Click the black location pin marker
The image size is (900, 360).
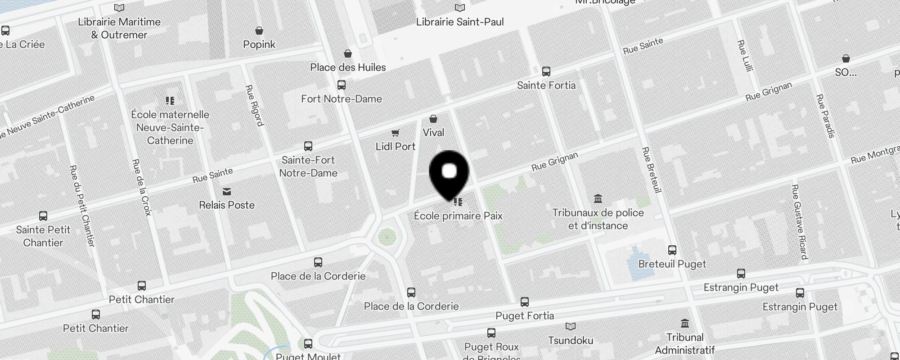[449, 174]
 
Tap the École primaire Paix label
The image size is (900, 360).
[458, 216]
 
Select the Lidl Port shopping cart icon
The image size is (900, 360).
[395, 133]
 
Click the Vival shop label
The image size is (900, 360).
[433, 133]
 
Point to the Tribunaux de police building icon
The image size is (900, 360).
[598, 198]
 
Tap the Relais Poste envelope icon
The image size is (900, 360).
[227, 192]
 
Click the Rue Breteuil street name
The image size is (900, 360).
[652, 170]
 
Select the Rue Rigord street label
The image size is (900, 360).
[254, 105]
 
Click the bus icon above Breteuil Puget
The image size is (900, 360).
[672, 250]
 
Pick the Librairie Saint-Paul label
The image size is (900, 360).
[460, 22]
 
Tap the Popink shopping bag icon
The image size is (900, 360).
[259, 31]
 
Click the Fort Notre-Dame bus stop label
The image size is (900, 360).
[342, 99]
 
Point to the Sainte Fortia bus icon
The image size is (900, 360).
[546, 72]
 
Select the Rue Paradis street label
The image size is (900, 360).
[825, 116]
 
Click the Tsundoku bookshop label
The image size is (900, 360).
[571, 341]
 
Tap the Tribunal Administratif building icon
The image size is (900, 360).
[685, 323]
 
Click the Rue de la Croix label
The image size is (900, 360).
[142, 187]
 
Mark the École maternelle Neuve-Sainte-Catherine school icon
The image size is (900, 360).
[170, 101]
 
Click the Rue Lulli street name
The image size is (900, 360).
[745, 55]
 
